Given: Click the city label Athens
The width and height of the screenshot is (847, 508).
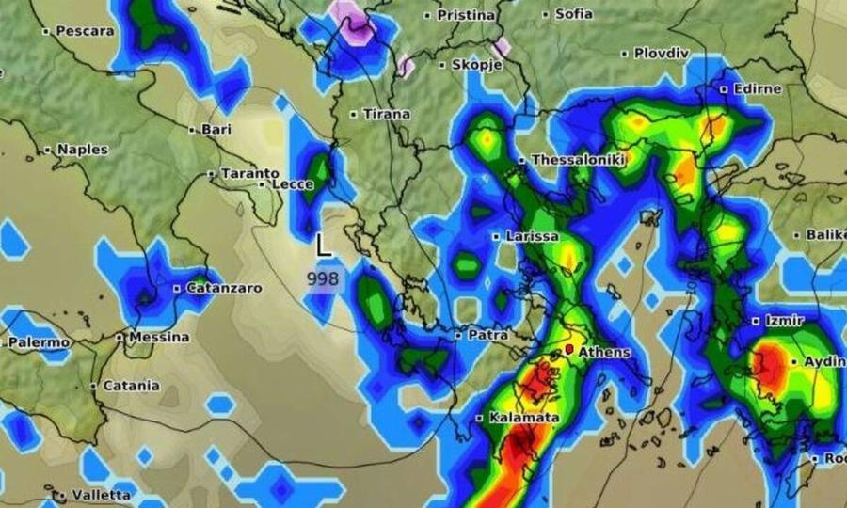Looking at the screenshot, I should coord(604,353).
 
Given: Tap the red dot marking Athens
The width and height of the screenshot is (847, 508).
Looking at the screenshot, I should coord(569,350).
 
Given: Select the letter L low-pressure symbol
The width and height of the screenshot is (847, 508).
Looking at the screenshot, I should coord(323,246).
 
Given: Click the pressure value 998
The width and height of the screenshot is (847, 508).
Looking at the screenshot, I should coord(323,278).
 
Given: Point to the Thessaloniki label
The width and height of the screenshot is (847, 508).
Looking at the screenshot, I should coord(578,161).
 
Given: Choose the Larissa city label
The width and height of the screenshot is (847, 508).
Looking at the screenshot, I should coord(532,236).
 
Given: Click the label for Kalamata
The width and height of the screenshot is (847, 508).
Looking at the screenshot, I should coord(524,417).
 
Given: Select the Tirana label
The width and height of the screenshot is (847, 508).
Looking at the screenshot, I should coord(386,114).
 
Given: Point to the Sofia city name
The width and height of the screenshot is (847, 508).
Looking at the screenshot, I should coord(573,14).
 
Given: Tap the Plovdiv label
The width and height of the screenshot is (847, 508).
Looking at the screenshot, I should coord(662,54).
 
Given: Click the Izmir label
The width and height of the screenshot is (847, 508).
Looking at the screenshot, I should coord(783,321).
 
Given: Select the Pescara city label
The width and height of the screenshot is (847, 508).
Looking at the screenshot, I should coord(85,31).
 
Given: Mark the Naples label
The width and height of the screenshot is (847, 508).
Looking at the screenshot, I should coord(82,150).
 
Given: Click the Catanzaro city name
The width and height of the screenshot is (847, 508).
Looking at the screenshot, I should coord(223,288).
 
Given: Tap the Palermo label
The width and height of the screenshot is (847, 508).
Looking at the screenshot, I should coord(39,343).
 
